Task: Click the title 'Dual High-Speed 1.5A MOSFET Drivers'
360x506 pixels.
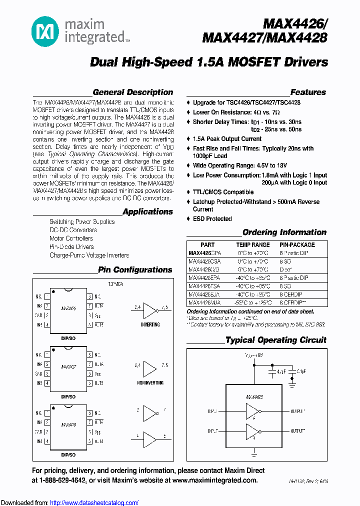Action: pos(209,62)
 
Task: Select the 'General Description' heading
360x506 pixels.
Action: pos(132,92)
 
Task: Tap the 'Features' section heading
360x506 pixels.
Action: pos(308,92)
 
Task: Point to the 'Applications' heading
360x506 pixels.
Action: pos(147,212)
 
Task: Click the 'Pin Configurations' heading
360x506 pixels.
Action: pos(135,270)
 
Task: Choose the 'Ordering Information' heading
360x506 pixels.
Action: pos(284,232)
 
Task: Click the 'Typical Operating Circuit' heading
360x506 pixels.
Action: pos(275,340)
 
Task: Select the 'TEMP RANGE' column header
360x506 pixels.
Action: pos(252,245)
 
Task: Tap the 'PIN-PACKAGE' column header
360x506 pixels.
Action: pos(297,245)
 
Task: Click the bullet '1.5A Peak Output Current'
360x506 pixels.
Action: pos(227,139)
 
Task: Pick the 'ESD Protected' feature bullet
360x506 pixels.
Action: pos(212,219)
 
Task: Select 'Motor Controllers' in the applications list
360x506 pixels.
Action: pos(71,238)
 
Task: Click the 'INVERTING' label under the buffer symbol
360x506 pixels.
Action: pos(150,324)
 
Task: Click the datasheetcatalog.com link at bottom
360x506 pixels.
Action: pos(94,503)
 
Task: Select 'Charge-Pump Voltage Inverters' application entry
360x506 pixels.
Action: pos(89,255)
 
